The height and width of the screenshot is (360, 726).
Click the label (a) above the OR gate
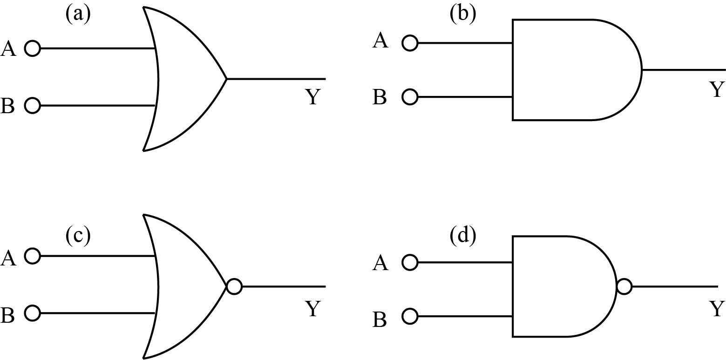click(77, 14)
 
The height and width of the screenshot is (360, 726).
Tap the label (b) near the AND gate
click(463, 14)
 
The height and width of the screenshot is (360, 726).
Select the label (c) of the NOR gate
click(77, 236)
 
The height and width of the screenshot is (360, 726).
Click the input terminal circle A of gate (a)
click(32, 48)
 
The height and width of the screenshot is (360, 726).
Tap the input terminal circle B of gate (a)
click(32, 106)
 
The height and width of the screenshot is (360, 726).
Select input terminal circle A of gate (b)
click(410, 43)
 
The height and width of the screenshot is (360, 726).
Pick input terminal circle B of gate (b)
click(410, 97)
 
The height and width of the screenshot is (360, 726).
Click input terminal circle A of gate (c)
click(32, 256)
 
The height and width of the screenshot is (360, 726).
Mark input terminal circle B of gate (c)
click(32, 313)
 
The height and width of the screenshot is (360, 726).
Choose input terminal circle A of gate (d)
click(410, 263)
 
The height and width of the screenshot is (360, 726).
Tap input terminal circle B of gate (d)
click(410, 317)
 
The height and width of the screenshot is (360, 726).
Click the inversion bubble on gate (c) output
click(234, 286)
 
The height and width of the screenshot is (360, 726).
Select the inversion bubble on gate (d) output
click(624, 286)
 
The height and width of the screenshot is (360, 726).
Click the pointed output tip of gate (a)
click(226, 79)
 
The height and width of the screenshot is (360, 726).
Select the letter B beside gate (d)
click(380, 320)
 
